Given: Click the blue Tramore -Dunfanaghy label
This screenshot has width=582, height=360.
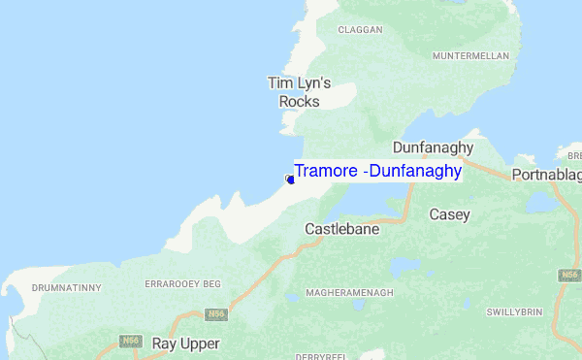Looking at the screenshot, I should (377, 171).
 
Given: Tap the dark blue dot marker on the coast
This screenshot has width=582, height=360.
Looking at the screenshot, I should (290, 180).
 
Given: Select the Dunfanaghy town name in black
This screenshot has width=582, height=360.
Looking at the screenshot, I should (432, 147).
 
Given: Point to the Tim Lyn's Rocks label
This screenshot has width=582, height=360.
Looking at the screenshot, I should (299, 92).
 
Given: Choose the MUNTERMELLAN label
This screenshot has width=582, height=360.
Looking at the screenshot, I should (470, 56).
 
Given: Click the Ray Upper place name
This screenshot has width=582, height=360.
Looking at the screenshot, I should (185, 344).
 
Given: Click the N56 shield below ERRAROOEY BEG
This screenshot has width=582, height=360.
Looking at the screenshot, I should (217, 314).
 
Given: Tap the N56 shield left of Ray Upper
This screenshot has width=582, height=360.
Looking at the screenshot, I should (132, 341).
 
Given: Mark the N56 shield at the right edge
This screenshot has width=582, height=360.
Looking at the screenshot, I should (569, 276).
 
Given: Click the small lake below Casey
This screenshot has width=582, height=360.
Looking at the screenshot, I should (398, 264).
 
